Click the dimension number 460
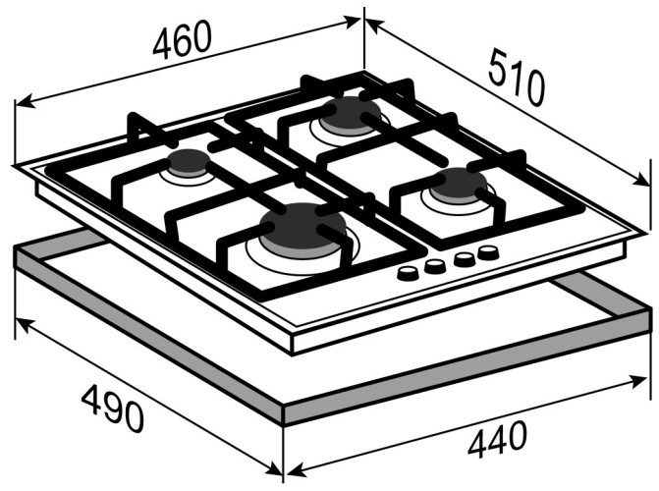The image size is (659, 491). [x=182, y=38]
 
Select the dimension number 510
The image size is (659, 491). [x=517, y=77]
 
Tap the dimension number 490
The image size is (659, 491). [x=113, y=409]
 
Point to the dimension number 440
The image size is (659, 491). [x=497, y=439]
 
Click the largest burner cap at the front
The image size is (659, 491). [x=302, y=226]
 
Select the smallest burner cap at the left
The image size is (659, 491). [x=189, y=161]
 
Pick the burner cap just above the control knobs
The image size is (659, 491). [x=459, y=184]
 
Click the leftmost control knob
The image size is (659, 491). [x=408, y=274]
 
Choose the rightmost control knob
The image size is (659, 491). [x=488, y=252]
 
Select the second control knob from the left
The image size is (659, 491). [x=434, y=266]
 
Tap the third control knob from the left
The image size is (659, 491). [x=465, y=259]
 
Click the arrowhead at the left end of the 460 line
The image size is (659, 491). [x=26, y=101]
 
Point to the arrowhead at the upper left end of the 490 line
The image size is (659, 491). [x=25, y=324]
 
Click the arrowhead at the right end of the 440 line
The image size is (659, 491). [x=637, y=381]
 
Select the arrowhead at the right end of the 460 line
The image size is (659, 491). [x=352, y=22]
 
